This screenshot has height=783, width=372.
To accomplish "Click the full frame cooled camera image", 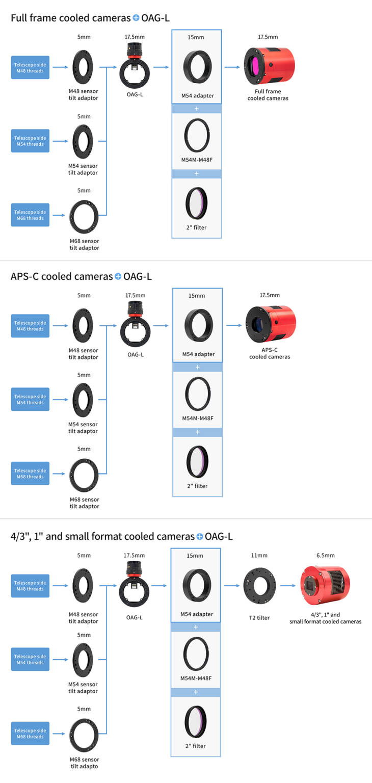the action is (269, 66).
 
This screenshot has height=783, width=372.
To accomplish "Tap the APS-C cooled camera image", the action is (271, 324).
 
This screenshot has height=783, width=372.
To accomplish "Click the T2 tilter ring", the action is (259, 586).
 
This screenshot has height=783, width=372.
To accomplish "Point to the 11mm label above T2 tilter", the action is (259, 556).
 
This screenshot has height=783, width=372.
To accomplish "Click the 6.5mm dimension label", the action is (326, 556).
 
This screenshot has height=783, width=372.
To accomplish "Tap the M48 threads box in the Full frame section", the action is (30, 67).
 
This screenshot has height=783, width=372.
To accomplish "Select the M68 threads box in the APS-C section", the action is (30, 474).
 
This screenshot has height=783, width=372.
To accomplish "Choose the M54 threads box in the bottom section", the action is (30, 659).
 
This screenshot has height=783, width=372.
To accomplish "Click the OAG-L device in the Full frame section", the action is (135, 66).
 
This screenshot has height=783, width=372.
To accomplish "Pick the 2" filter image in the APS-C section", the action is (197, 462).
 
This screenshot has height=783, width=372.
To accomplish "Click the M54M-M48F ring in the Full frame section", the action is (197, 135).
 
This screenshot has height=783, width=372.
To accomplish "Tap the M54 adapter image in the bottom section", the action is (197, 585).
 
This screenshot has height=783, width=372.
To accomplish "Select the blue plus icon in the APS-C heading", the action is (118, 276).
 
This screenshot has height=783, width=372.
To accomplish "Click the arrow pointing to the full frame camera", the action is (232, 67).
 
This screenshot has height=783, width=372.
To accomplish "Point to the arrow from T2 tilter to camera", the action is (288, 586).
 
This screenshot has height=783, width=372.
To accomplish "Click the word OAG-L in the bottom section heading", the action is (219, 537).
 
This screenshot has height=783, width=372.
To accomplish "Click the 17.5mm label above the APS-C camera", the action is (270, 295).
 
